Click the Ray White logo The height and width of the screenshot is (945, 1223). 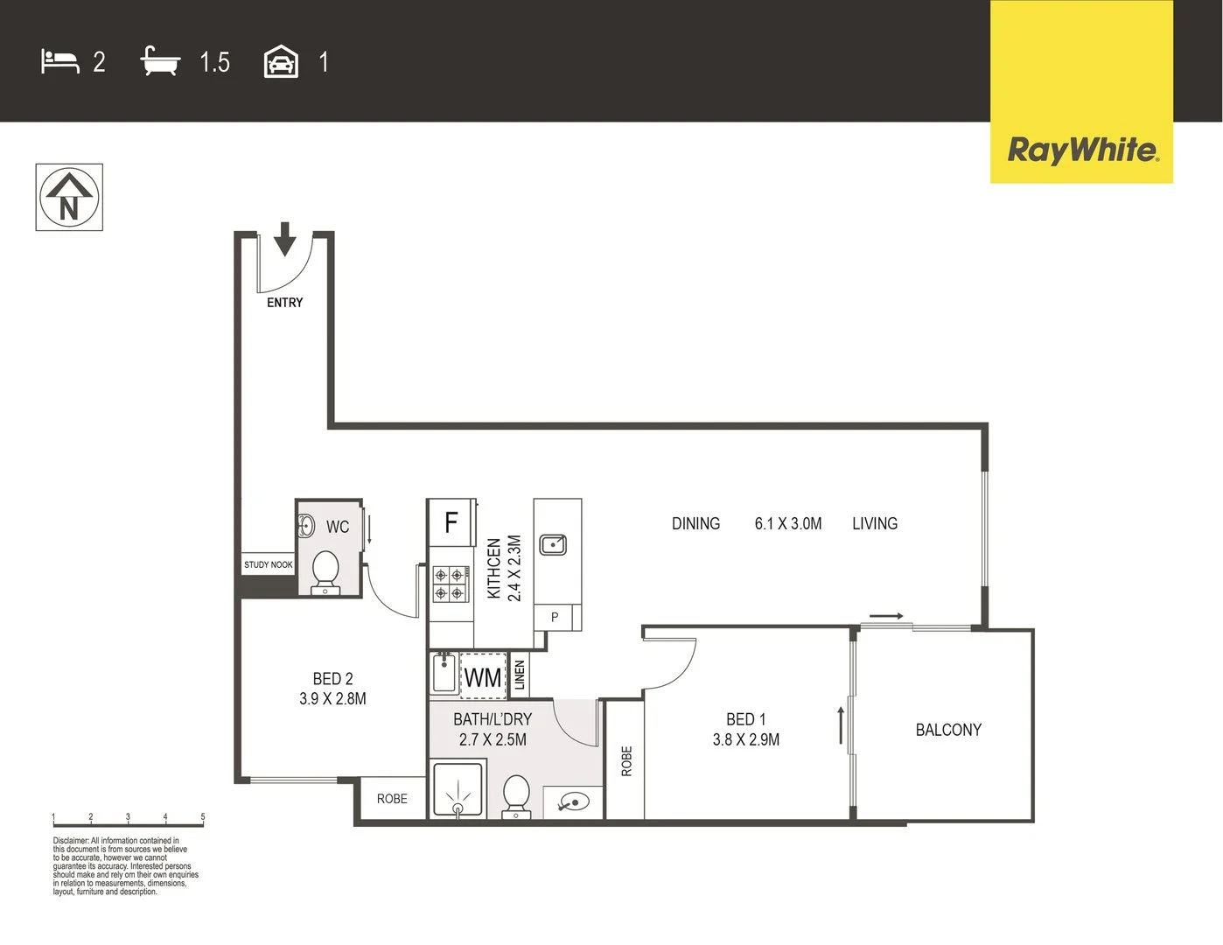[x=1082, y=150]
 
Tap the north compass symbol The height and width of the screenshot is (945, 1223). [x=69, y=198]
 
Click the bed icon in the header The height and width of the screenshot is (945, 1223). [x=59, y=61]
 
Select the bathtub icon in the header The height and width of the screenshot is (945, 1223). [x=160, y=61]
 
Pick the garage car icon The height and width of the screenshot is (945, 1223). [x=281, y=62]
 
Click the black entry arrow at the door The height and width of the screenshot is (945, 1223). [x=284, y=239]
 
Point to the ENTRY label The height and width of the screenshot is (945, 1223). [x=284, y=303]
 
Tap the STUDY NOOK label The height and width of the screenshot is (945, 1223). [x=269, y=565]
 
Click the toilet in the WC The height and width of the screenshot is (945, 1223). [x=326, y=571]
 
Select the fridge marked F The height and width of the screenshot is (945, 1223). [x=451, y=523]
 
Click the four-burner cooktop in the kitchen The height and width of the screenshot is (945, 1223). [x=449, y=584]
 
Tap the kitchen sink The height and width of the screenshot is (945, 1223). [x=553, y=545]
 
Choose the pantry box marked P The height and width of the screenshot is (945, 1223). [x=555, y=617]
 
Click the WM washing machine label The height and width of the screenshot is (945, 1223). [x=483, y=677]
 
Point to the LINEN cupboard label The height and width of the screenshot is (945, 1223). [x=520, y=675]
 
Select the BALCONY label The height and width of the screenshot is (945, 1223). [x=948, y=730]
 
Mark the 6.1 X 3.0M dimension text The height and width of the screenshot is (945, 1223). [x=788, y=524]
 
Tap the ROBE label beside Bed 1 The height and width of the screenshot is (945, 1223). [x=625, y=761]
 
